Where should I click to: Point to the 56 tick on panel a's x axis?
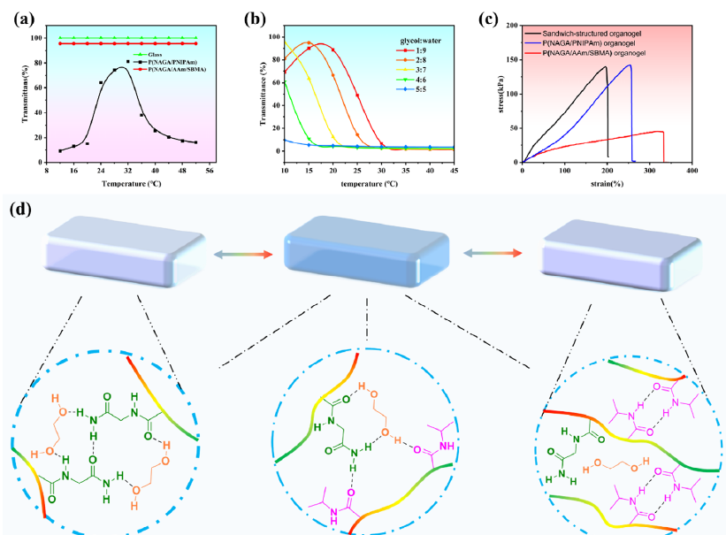[210, 171]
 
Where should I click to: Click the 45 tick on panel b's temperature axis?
[454, 170]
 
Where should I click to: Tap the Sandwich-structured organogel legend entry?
[604, 34]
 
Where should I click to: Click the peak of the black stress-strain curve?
[606, 67]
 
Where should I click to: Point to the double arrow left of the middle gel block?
[238, 254]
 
